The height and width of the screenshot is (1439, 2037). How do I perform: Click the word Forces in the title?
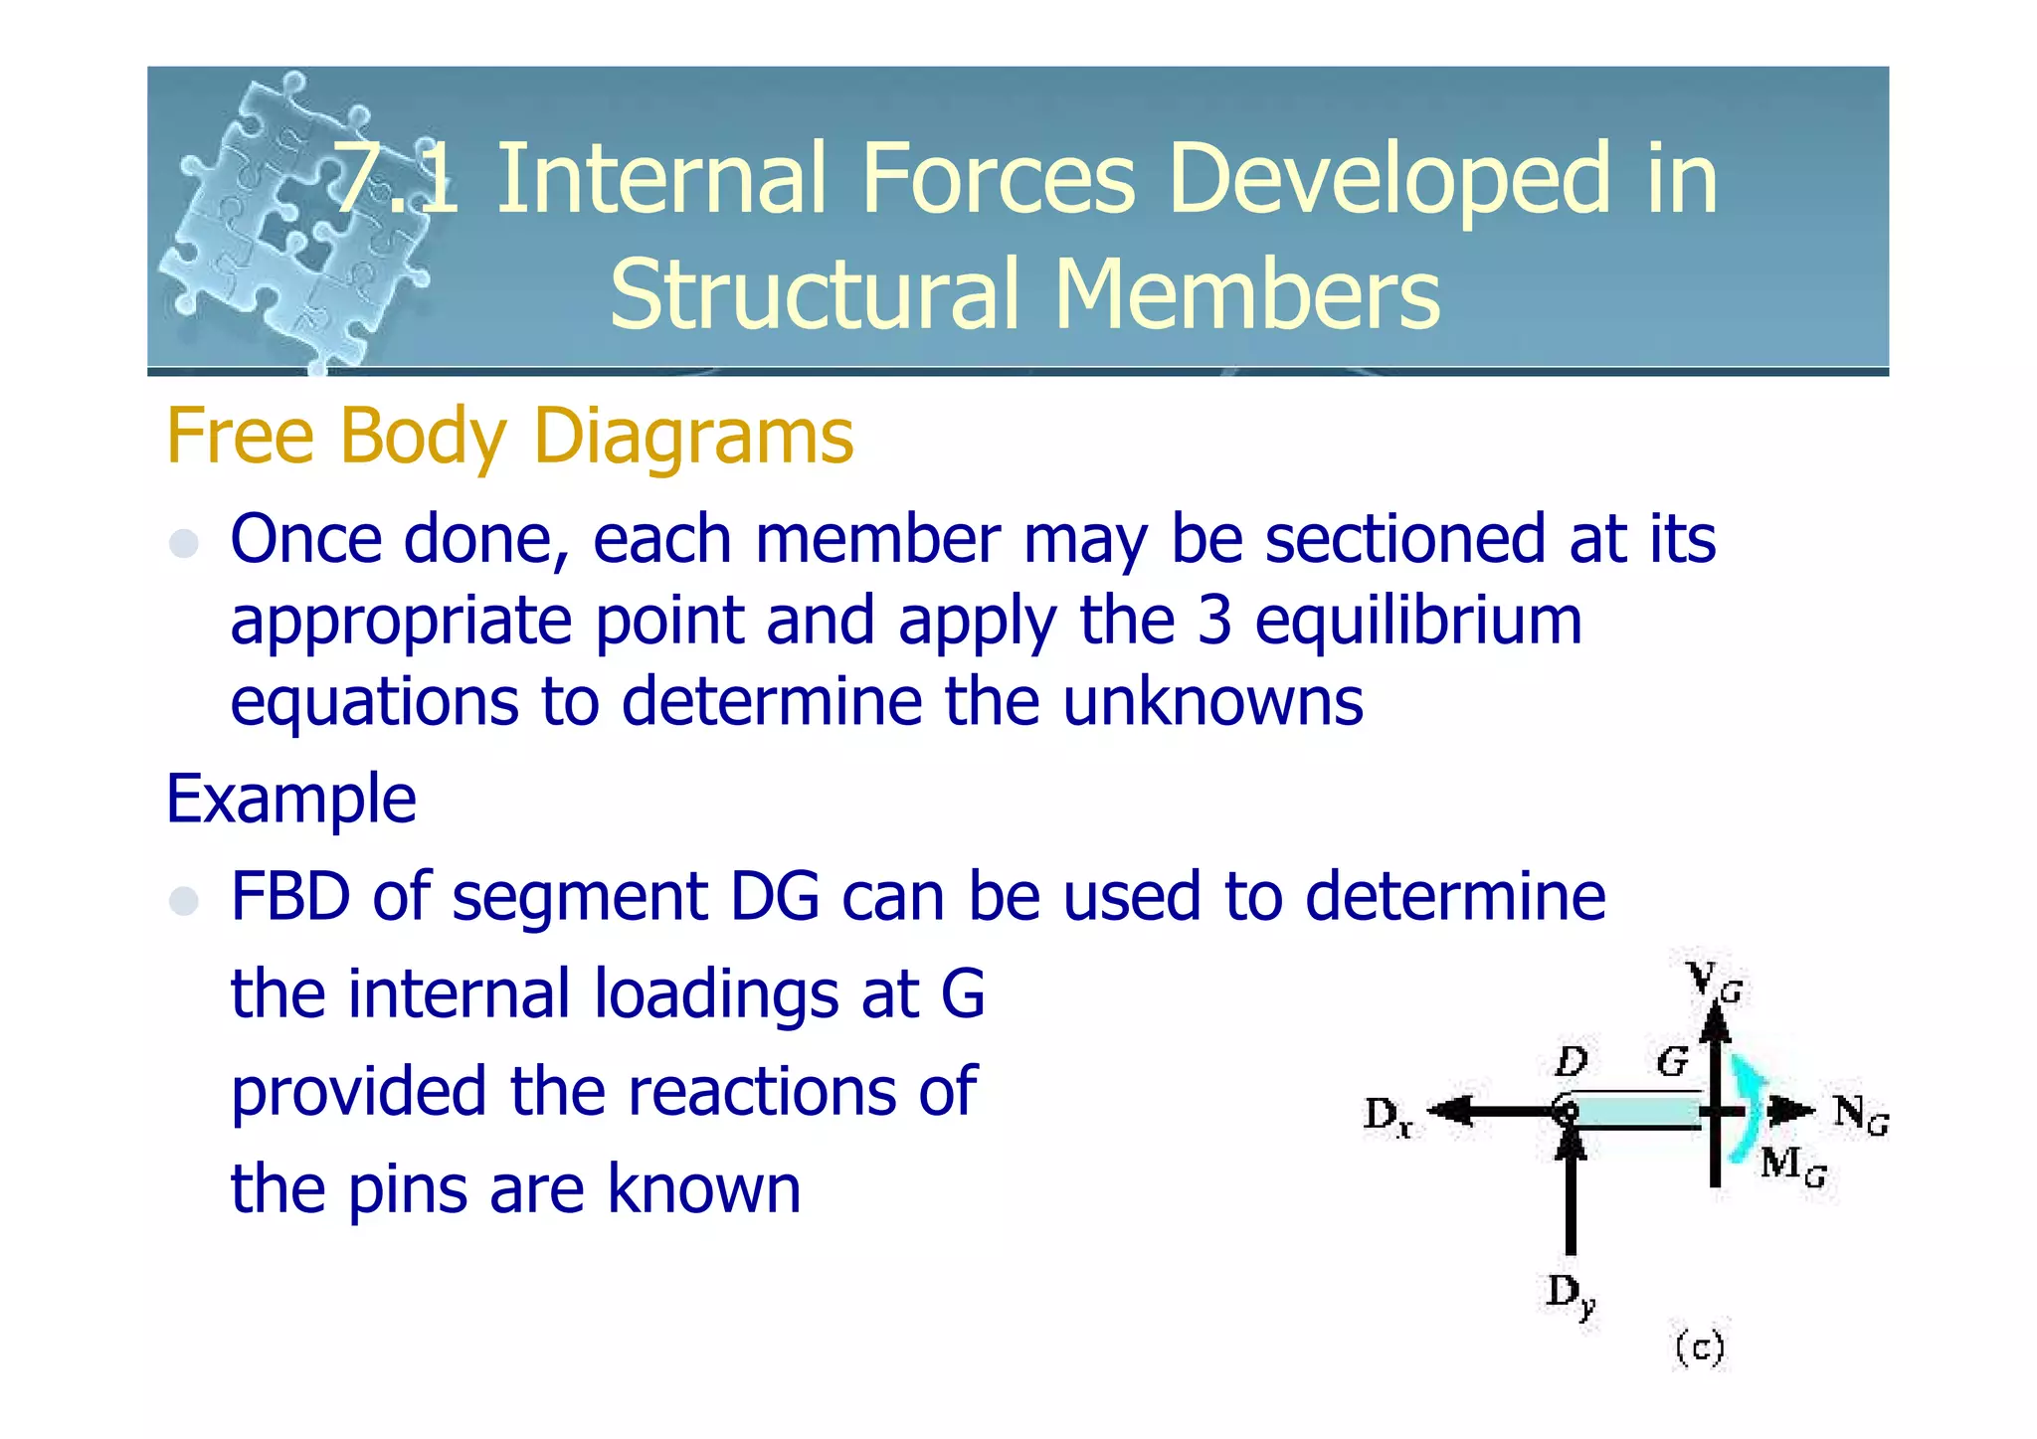[998, 179]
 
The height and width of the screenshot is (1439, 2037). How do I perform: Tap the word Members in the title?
[1246, 294]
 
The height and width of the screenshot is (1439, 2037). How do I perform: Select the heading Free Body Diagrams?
[509, 436]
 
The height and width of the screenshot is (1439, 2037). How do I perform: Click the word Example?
[290, 799]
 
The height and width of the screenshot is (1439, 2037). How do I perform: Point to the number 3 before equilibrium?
[1213, 620]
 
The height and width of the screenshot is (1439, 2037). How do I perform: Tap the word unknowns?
[1212, 701]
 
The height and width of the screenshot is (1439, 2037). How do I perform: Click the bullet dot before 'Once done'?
[184, 543]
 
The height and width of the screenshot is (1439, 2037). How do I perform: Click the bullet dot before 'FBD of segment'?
[184, 901]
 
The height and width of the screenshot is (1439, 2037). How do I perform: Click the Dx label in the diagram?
[1389, 1116]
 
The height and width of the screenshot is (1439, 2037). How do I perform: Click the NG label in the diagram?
[1860, 1114]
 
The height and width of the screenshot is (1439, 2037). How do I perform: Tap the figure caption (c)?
[1699, 1349]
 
